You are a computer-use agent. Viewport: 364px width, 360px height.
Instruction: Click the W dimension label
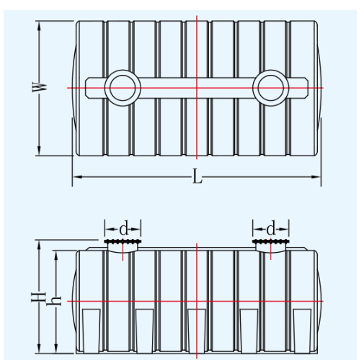(40, 87)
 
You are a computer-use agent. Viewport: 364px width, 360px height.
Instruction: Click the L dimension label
(197, 176)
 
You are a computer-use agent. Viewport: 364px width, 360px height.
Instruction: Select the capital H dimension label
(38, 297)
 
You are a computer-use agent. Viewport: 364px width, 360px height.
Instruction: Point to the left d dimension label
(124, 229)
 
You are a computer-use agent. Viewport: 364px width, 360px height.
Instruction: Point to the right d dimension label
(271, 229)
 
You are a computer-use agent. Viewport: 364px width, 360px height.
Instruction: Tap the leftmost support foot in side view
(92, 331)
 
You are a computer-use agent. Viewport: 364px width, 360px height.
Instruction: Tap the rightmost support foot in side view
(302, 331)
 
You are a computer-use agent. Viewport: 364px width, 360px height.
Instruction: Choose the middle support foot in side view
(197, 331)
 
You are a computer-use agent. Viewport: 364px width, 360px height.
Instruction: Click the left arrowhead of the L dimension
(77, 177)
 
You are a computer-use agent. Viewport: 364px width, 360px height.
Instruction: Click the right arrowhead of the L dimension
(316, 177)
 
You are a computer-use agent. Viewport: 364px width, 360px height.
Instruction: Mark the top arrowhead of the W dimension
(39, 26)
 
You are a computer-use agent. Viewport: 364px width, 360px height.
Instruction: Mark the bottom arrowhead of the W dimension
(39, 150)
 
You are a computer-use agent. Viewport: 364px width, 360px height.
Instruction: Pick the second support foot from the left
(144, 331)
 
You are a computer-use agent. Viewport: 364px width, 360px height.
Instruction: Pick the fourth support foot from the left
(249, 331)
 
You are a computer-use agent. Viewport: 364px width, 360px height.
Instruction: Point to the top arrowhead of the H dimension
(39, 245)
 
